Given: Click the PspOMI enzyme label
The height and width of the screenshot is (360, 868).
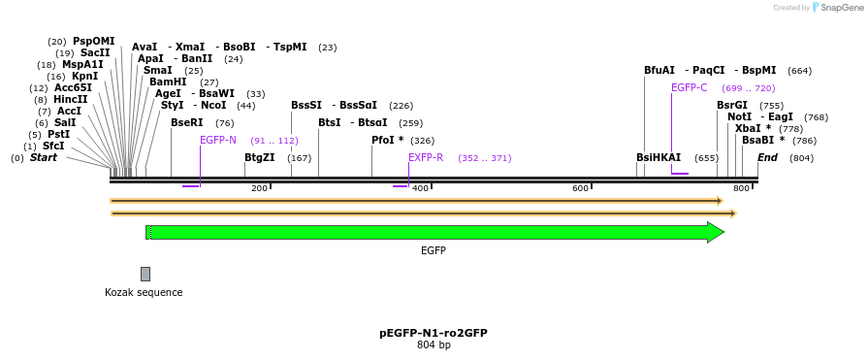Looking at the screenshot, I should (x=93, y=41).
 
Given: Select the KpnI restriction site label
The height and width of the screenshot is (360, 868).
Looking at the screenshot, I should (x=84, y=76).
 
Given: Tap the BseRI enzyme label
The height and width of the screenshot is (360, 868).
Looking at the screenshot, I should (x=187, y=122).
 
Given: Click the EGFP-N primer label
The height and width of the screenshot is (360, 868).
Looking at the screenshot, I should (x=218, y=140).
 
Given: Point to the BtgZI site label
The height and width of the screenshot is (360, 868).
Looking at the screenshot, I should (x=259, y=157).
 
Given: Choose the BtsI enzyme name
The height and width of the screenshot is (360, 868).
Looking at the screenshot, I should (x=329, y=122).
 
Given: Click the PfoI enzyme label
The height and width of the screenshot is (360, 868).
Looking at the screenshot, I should (x=384, y=140).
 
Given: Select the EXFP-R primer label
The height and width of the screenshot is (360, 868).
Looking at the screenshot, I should (x=426, y=157).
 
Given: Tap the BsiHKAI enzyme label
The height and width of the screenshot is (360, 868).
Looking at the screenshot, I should (x=659, y=157).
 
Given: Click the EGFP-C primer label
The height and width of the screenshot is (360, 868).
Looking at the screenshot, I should (x=689, y=87).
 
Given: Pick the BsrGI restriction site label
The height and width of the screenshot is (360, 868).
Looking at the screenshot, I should (x=732, y=105).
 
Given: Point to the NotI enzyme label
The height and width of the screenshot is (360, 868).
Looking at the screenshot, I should (x=739, y=116).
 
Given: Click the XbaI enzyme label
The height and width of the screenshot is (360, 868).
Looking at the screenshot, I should (x=748, y=128).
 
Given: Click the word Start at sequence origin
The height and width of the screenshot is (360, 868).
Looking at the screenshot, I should (x=44, y=157).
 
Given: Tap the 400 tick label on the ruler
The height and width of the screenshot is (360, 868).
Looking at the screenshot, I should (x=420, y=188).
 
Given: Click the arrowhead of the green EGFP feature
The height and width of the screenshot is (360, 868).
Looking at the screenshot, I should (x=716, y=232).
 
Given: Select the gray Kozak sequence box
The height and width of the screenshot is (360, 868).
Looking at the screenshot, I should (x=145, y=274).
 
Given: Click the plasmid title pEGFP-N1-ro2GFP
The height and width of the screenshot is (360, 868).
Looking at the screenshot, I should (x=433, y=333).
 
